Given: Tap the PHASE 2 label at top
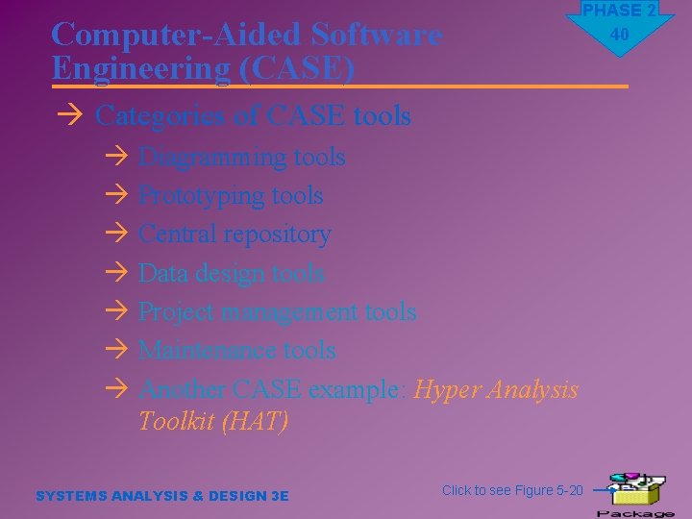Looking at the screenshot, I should click(x=619, y=11).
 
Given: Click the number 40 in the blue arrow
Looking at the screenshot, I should click(x=619, y=35).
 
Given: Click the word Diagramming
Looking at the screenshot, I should click(x=212, y=157).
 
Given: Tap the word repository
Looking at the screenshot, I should click(x=280, y=235).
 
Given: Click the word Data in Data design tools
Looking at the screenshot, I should click(x=162, y=273).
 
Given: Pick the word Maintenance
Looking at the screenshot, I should click(x=207, y=351).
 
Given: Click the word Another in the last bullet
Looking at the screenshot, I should click(x=182, y=389).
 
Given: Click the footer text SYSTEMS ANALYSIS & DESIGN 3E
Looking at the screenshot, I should click(x=161, y=496).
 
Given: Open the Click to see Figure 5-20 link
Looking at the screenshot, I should click(x=512, y=490).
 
